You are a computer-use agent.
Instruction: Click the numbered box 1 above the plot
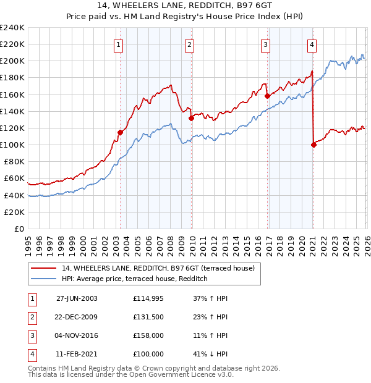118,44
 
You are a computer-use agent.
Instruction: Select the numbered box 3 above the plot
265,44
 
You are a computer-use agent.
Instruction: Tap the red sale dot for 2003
120,132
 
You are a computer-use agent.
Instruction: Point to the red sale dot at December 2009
191,119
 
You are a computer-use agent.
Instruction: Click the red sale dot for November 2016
267,96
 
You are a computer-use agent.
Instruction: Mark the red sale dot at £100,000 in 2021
313,145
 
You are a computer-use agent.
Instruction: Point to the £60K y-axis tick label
14,179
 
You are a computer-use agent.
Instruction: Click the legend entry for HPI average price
134,279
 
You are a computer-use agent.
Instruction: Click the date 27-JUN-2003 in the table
77,298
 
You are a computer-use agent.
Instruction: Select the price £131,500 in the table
148,316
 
